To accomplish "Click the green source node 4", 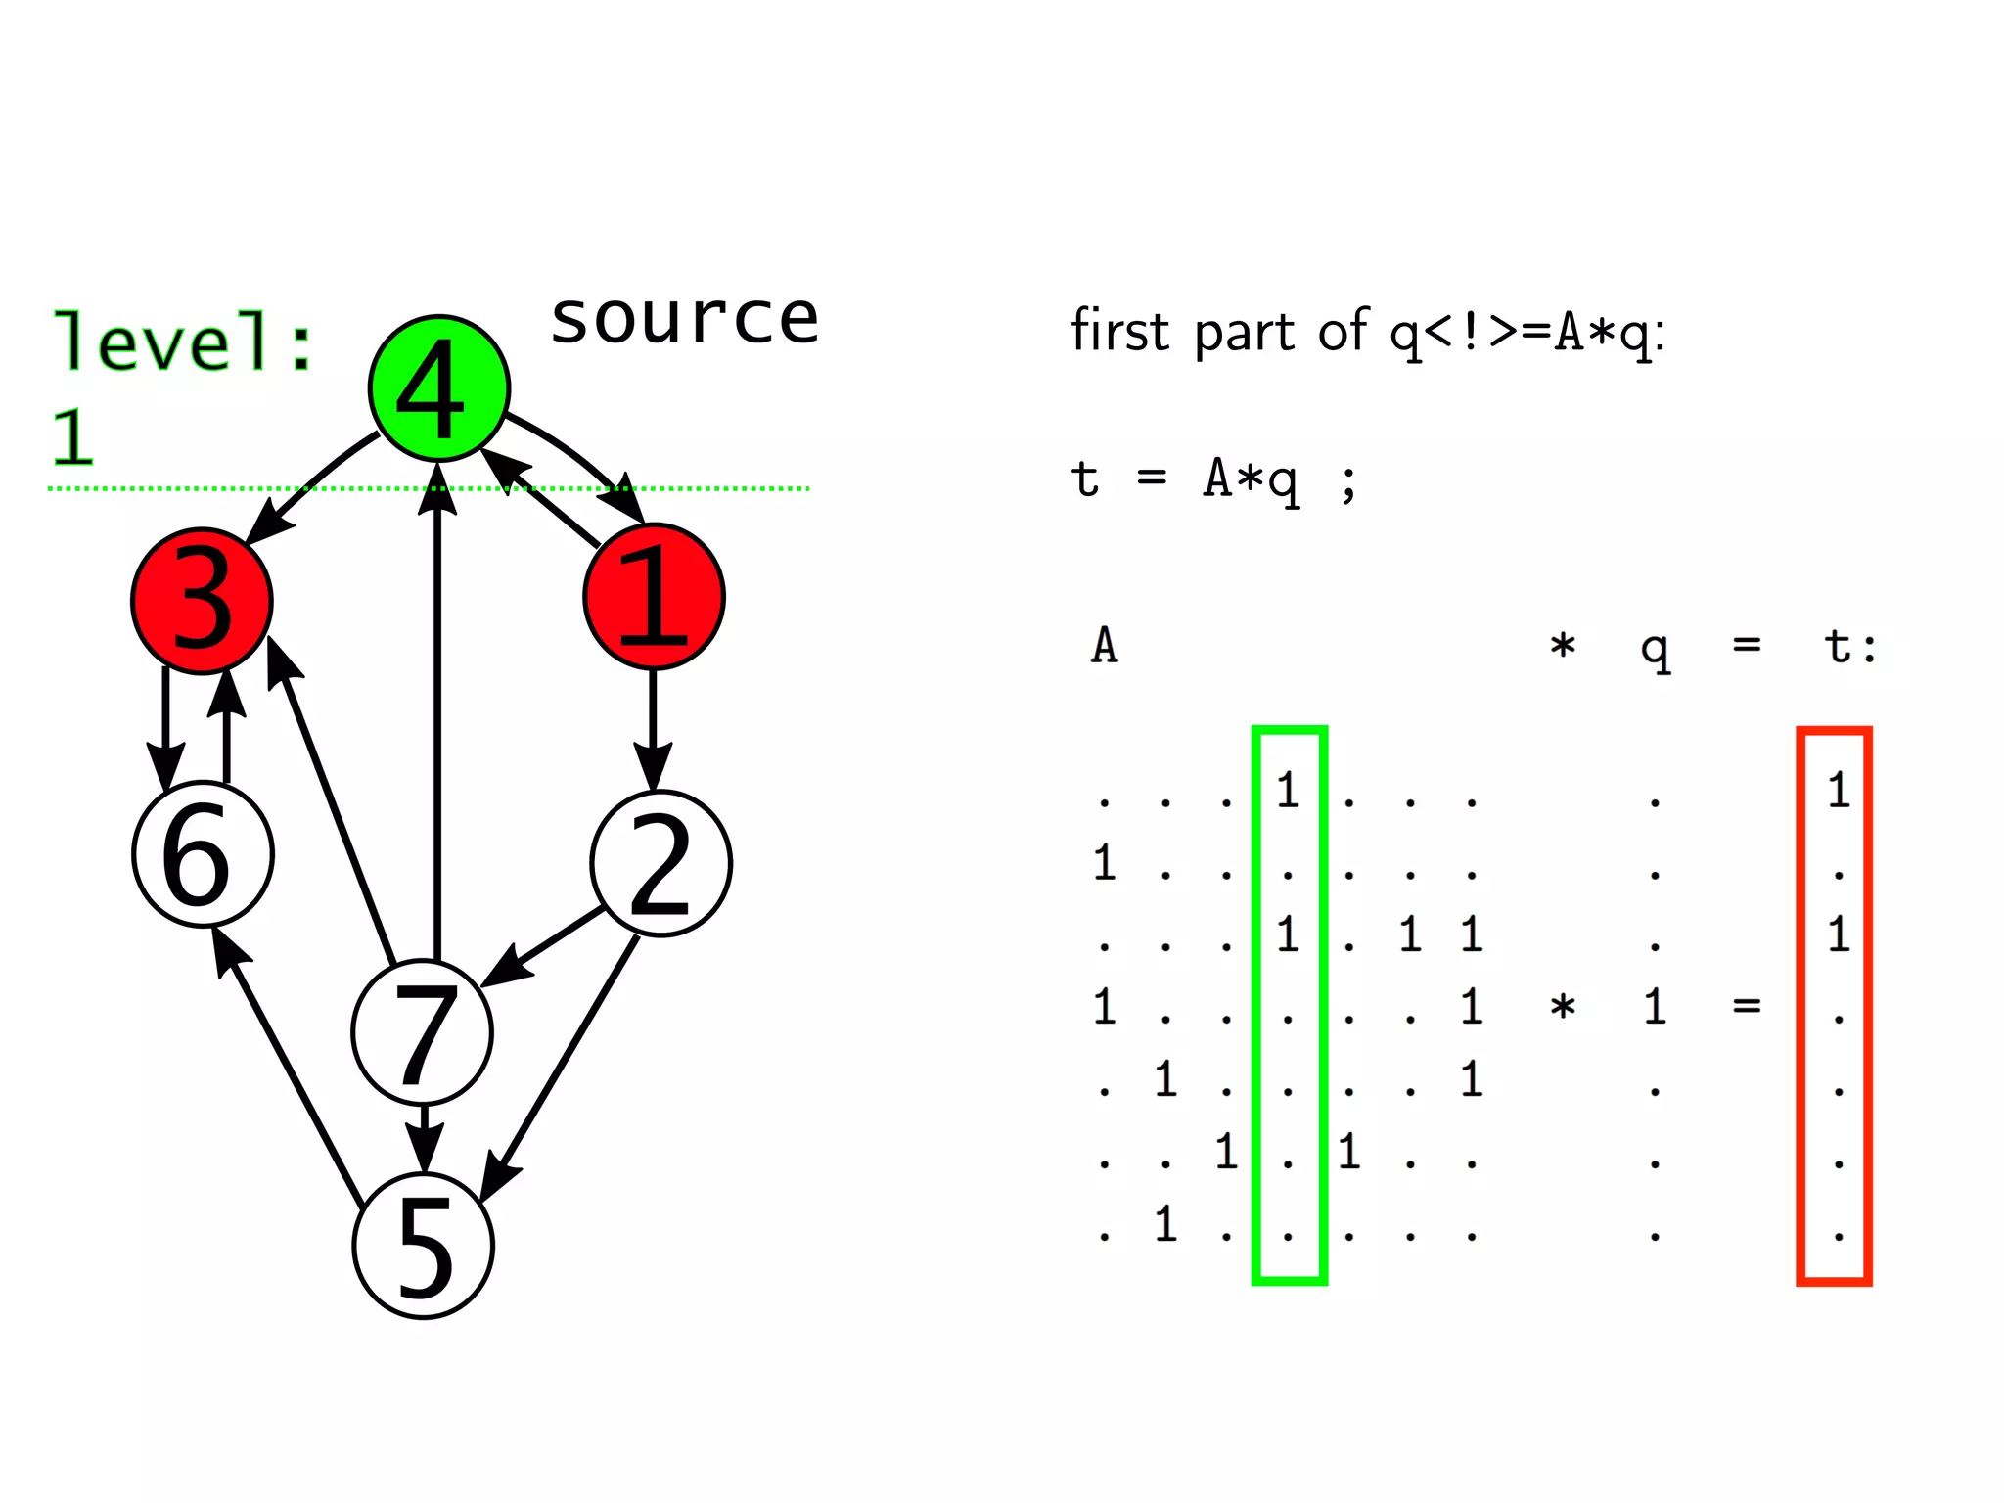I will click(x=438, y=388).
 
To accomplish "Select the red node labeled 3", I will click(x=202, y=601).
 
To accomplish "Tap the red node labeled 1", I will click(x=654, y=596).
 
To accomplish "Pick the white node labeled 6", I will click(x=203, y=854).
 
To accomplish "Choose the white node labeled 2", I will click(x=660, y=863).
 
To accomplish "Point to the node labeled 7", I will click(x=422, y=1032).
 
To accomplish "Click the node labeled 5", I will click(x=423, y=1245).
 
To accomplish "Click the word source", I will click(x=684, y=320).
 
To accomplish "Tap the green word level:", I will click(x=183, y=342).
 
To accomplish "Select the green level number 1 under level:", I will click(x=73, y=436).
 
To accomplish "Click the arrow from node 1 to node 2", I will click(x=653, y=729).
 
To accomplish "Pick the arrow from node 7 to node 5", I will click(x=424, y=1138).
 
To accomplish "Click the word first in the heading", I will click(x=1119, y=331).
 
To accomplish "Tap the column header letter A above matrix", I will click(x=1104, y=646).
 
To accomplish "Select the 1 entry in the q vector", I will click(x=1654, y=1006).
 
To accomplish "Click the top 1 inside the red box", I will click(x=1838, y=790).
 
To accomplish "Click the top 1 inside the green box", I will click(x=1288, y=790).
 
